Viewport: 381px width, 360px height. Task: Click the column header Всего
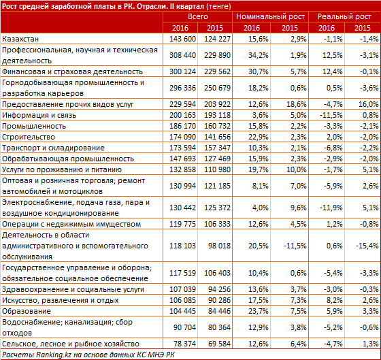[198, 16]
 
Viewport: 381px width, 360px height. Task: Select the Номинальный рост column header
[270, 16]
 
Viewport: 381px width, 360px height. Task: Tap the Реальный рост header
[344, 16]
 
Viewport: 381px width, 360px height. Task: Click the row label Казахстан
[20, 39]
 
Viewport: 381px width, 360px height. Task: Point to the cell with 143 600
[182, 39]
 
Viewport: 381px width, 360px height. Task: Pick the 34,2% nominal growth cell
[259, 55]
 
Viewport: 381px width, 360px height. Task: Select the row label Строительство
[29, 137]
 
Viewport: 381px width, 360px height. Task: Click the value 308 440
[182, 55]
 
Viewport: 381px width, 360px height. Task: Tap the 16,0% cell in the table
[368, 104]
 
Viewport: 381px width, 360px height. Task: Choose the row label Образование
[27, 311]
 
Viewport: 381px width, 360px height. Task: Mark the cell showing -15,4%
[367, 246]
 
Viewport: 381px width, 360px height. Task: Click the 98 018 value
[219, 246]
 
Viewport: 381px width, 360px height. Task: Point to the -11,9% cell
[331, 208]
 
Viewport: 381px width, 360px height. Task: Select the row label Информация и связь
[39, 115]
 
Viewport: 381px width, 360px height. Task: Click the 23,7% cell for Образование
[259, 311]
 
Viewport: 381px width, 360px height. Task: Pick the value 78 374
[184, 344]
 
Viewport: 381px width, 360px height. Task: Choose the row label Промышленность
[34, 126]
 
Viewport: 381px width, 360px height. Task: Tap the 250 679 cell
[217, 88]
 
